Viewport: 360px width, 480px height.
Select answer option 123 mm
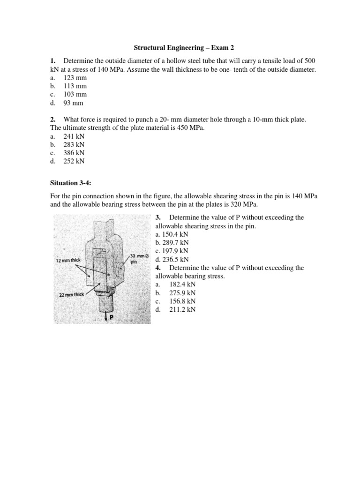pos(75,78)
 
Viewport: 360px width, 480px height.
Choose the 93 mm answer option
pos(73,103)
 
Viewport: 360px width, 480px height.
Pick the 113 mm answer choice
pos(75,86)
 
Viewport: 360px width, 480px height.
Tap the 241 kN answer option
pos(74,136)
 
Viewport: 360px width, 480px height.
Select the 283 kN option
pos(74,144)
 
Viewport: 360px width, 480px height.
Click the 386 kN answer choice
pos(74,153)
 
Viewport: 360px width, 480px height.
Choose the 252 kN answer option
pos(74,161)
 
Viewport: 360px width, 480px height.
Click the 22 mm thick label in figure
pos(71,294)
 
